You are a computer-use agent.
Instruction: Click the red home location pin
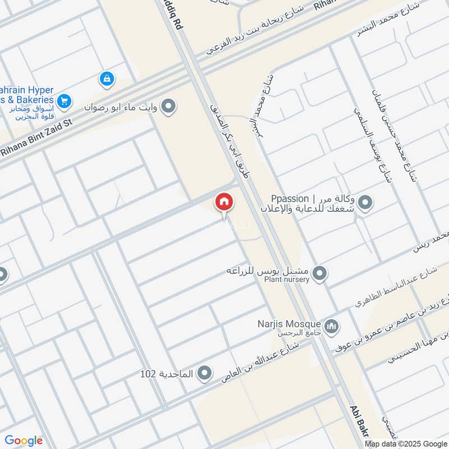point(223,202)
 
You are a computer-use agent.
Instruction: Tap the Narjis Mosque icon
point(332,326)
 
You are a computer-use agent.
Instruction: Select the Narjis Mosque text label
point(297,323)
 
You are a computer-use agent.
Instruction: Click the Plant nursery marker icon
point(320,274)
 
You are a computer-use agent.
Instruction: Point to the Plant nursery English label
point(286,280)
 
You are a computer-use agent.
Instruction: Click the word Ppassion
point(290,198)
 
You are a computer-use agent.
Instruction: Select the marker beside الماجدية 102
point(205,373)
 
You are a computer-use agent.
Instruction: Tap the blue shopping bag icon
point(106,79)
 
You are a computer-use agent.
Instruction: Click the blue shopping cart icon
point(64,100)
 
